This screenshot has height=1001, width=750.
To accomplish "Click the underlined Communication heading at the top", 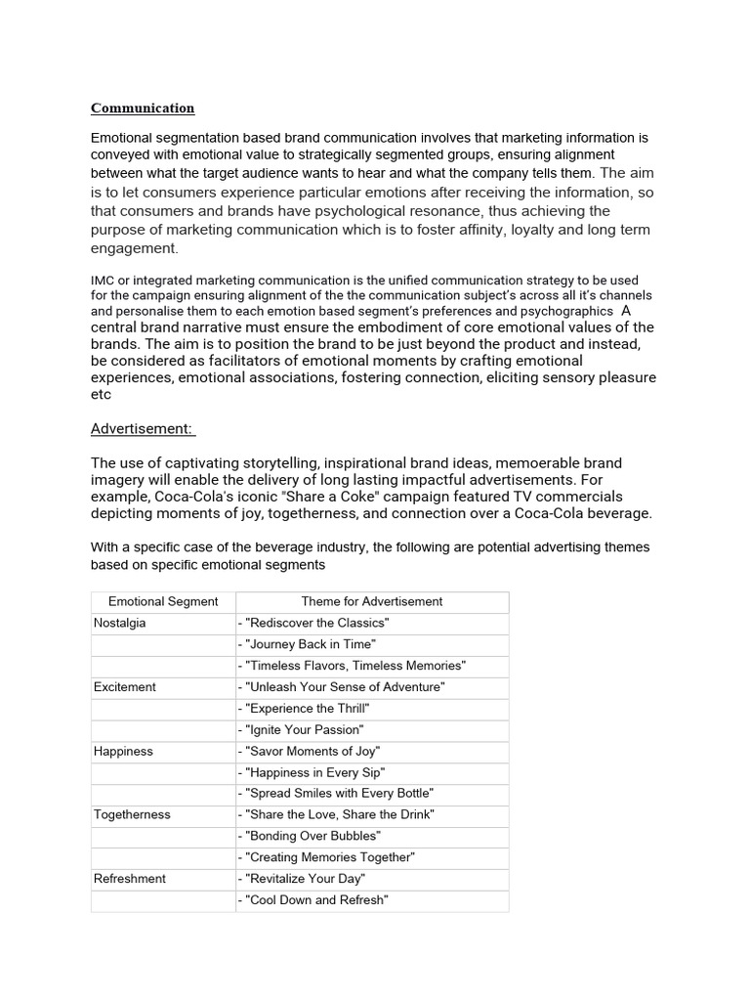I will coord(143,109).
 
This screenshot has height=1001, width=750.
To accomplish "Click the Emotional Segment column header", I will coord(163,602).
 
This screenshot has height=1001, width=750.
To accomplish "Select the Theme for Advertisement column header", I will coord(371,602).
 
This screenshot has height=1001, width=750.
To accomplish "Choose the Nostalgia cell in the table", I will coord(120,624).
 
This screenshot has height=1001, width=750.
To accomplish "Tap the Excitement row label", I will coord(124,687).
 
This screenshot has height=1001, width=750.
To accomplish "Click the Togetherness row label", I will coord(132,815).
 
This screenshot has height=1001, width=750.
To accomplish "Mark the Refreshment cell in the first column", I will coord(130,879).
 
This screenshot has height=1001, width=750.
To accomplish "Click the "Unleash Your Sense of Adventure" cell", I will coord(341,687).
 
